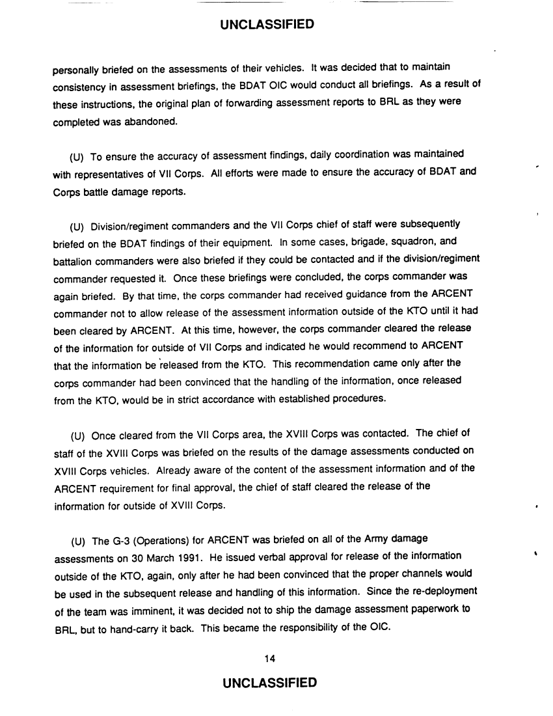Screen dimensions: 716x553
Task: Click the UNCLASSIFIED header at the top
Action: tap(267, 25)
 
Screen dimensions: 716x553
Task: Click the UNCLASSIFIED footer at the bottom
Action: tap(267, 683)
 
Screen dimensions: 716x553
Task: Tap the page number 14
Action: tap(271, 659)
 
